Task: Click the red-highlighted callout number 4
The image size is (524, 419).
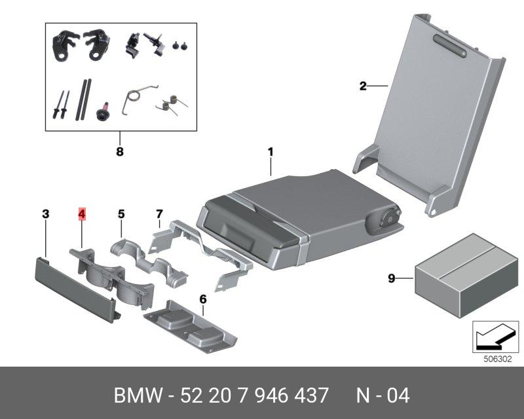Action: click(82, 213)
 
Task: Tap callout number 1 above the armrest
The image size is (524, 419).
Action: click(270, 153)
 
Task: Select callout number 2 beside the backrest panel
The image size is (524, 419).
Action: click(362, 86)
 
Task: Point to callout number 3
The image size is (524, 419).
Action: click(45, 213)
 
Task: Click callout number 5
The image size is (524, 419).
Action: click(121, 213)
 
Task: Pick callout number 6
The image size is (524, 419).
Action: click(203, 299)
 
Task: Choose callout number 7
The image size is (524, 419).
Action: click(159, 213)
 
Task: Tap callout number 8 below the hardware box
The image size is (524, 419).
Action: click(119, 152)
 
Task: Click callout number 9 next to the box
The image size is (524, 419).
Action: click(391, 279)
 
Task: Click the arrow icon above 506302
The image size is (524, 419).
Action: click(492, 337)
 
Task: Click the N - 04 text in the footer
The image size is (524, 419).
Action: click(383, 396)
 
